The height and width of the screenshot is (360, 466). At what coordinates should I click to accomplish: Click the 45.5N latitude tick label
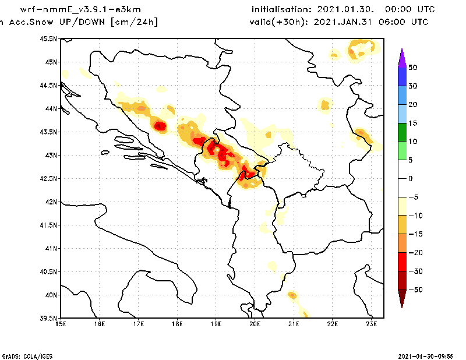(x=49, y=39)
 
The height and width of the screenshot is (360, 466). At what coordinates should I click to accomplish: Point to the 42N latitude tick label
(x=51, y=202)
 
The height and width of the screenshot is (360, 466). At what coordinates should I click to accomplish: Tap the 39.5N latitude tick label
(x=49, y=319)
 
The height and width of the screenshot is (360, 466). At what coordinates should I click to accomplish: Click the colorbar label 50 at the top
(x=412, y=68)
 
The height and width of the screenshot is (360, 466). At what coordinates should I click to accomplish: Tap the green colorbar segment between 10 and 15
(x=401, y=132)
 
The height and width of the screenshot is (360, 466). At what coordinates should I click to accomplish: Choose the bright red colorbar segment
(x=401, y=262)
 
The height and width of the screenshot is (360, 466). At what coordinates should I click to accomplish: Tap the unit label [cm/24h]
(x=134, y=22)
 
